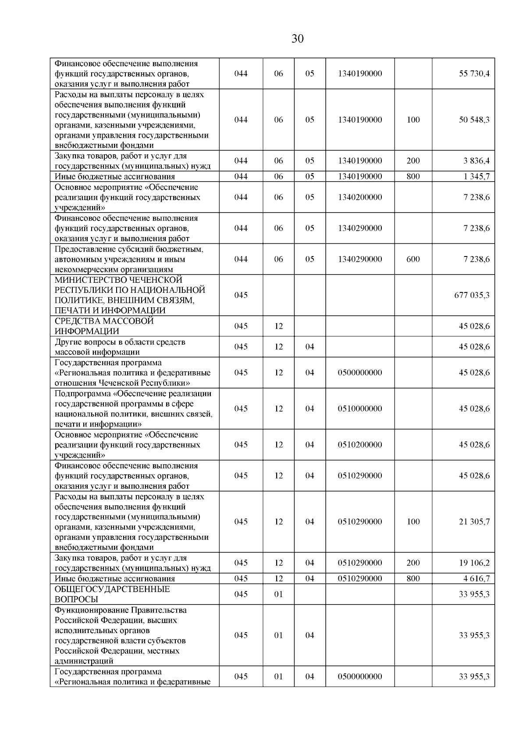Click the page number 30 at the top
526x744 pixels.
click(x=297, y=39)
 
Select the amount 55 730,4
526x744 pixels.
click(x=474, y=74)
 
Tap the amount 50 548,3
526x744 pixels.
click(x=474, y=120)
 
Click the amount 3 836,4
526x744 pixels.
click(x=476, y=161)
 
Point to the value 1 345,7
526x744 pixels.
click(x=476, y=177)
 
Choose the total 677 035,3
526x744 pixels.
click(x=472, y=295)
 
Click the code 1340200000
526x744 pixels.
click(x=360, y=197)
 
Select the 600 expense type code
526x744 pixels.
click(x=413, y=259)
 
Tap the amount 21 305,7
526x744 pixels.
click(x=474, y=522)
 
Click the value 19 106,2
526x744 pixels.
click(x=474, y=563)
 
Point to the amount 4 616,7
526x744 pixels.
click(x=476, y=579)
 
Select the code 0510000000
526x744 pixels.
click(x=360, y=409)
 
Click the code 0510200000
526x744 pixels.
click(x=360, y=445)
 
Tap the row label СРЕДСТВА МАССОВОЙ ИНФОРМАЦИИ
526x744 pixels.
click(x=104, y=326)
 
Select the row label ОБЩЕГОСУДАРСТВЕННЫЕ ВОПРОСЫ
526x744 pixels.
click(x=112, y=594)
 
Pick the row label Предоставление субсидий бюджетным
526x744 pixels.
click(x=129, y=249)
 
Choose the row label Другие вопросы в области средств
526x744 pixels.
click(x=120, y=342)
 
